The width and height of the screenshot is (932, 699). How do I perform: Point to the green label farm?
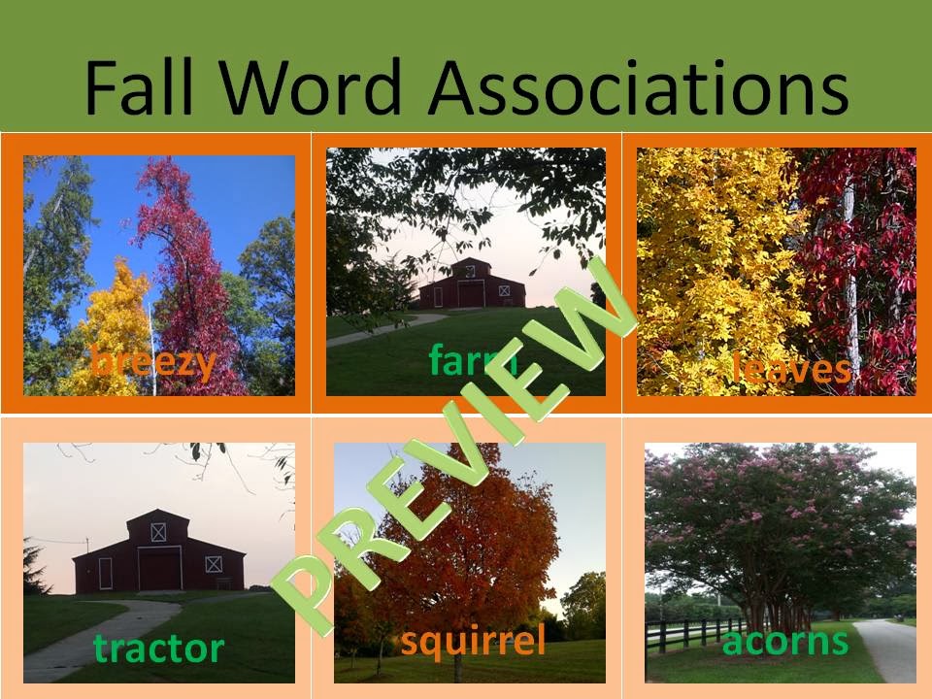click(x=473, y=358)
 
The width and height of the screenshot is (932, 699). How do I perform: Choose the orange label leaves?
click(x=791, y=367)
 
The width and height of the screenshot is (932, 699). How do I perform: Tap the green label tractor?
click(x=158, y=648)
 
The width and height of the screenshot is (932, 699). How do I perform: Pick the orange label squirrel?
click(x=473, y=642)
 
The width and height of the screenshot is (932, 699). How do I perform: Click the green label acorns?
click(x=785, y=642)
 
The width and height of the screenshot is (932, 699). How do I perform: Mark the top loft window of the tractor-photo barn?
click(x=158, y=532)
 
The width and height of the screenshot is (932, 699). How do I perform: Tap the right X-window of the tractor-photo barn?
click(x=214, y=564)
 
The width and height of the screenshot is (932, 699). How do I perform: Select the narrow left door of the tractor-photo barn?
click(x=105, y=574)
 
